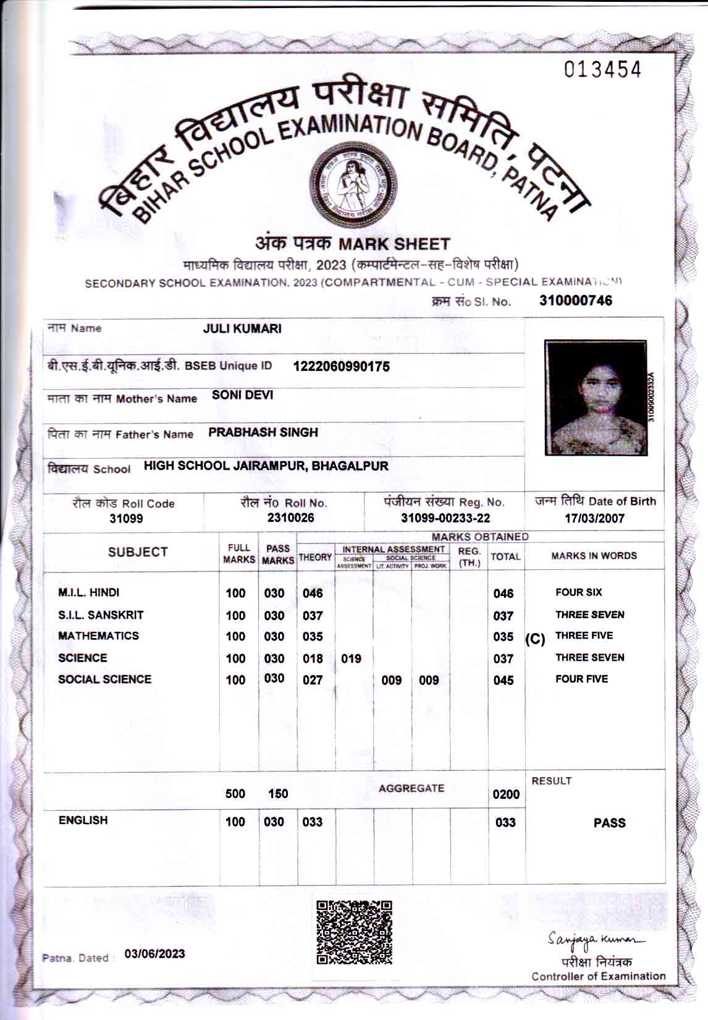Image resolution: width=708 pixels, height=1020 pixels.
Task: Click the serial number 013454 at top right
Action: [x=602, y=70]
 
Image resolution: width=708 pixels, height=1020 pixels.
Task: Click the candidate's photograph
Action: [x=596, y=397]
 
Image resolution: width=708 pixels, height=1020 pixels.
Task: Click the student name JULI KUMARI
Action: [x=242, y=329]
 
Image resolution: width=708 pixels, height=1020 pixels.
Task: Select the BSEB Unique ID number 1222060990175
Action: [x=341, y=367]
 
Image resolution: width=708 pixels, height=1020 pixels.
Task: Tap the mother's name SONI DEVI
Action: [x=242, y=396]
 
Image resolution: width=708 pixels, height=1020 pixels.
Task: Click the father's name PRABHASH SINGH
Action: [x=263, y=432]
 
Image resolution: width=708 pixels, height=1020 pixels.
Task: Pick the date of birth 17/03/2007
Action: [x=594, y=518]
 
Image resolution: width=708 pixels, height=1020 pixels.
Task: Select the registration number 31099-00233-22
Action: [x=445, y=518]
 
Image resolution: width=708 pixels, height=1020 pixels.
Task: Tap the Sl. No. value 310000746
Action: [x=576, y=300]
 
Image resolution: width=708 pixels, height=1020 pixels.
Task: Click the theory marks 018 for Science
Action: [x=313, y=659]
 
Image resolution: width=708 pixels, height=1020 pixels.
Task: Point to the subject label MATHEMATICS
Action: [x=98, y=635]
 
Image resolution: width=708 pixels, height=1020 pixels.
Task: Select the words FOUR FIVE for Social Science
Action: [x=581, y=679]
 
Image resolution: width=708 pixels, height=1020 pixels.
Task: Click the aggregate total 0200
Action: [x=505, y=794]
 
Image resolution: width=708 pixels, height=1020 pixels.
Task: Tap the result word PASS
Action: [x=609, y=823]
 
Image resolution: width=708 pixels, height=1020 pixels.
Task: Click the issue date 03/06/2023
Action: [x=154, y=954]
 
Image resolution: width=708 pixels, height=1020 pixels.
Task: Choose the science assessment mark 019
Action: [x=351, y=659]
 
